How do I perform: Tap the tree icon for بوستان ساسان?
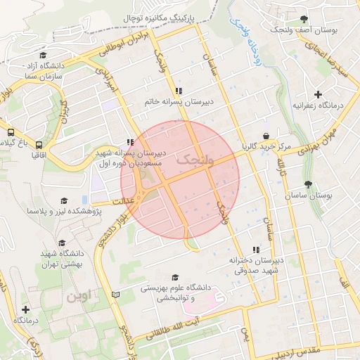(x=309, y=184)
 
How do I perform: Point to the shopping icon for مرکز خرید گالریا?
(x=266, y=136)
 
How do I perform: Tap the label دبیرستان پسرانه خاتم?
(x=179, y=102)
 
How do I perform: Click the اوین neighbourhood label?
(x=79, y=297)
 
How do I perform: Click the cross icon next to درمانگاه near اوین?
(x=26, y=309)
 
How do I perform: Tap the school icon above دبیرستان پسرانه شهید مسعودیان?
(x=129, y=141)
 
